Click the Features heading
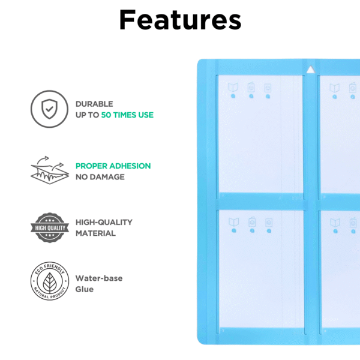pos(180,20)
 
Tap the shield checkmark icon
pos(47,109)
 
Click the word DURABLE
pos(94,104)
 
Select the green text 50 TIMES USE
pos(127,115)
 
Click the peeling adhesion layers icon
pos(47,171)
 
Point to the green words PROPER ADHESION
pos(113,166)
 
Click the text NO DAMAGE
pos(100,177)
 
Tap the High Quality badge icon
pos(47,227)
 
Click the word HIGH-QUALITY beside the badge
pos(104,222)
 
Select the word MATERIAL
pos(95,233)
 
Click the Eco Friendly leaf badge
pos(47,283)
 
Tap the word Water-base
pos(100,278)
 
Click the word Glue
pos(85,289)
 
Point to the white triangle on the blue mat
pos(310,70)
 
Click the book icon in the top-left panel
pos(233,88)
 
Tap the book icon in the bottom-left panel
pos(233,222)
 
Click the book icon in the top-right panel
pos(334,88)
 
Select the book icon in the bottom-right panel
pos(334,222)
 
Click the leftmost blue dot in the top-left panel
pos(233,96)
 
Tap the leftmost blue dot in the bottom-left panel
pos(233,230)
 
